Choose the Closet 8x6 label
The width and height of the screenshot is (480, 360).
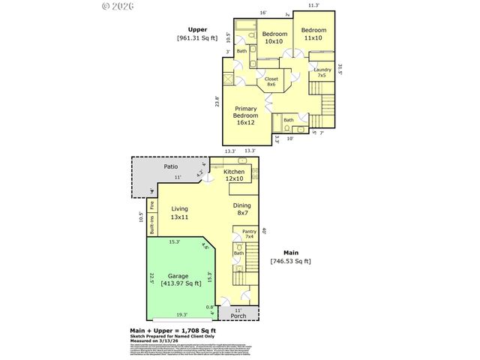click(x=271, y=81)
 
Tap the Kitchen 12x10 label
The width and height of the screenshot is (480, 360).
click(x=234, y=175)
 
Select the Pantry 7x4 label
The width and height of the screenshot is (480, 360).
click(x=249, y=234)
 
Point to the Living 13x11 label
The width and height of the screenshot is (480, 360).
click(x=179, y=213)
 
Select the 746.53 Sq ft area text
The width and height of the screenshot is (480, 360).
click(x=290, y=262)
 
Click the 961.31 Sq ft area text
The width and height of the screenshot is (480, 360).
click(x=197, y=37)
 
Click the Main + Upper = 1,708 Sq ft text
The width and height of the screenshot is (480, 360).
click(x=173, y=329)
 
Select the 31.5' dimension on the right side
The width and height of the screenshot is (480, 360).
click(x=340, y=70)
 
